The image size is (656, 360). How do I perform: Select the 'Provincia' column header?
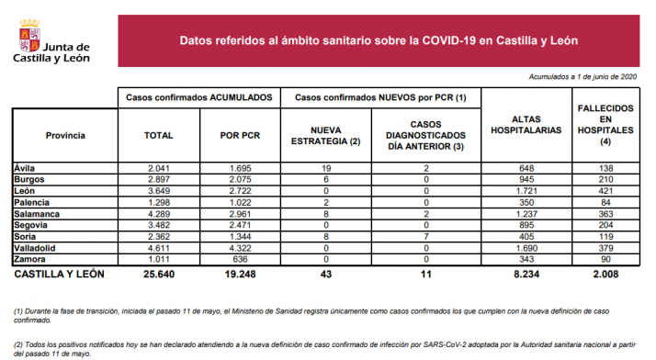65,135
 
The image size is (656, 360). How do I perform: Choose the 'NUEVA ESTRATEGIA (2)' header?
327,135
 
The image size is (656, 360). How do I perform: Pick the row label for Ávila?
25,168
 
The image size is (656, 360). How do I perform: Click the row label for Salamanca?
36,213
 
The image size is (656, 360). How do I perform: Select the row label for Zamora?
29,259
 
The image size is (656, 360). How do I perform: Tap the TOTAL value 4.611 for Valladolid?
159,248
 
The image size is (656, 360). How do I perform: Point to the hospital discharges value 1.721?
526,190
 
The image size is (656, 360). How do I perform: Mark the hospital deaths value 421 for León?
604,190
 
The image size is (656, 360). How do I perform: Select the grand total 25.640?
159,274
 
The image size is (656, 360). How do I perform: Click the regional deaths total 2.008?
604,274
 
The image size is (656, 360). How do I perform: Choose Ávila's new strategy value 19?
327,168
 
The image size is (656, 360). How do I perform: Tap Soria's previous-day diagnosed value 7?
426,236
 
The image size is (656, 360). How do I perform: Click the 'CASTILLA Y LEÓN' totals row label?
60,274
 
